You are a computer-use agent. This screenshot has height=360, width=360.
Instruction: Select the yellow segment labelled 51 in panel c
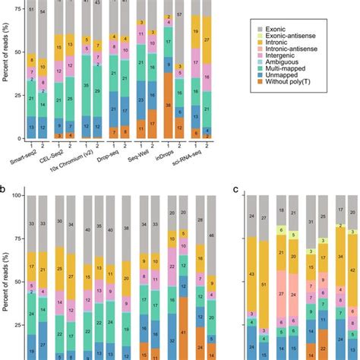(264, 285)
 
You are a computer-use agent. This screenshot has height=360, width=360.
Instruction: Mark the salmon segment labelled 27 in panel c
(281, 293)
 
